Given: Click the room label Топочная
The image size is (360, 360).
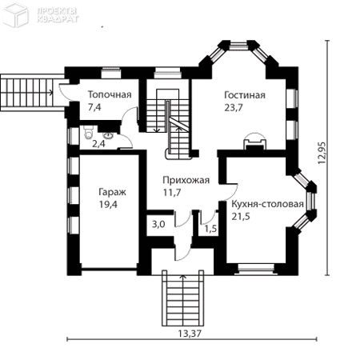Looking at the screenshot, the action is (110, 94).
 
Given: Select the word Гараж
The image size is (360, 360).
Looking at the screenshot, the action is (112, 192).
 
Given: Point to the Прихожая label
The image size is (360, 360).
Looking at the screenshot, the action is (186, 180).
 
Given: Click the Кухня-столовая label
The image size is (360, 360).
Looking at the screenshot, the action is (267, 204).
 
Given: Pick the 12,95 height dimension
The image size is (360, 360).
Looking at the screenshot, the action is (322, 153).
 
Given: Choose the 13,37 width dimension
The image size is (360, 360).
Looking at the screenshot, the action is (190, 334).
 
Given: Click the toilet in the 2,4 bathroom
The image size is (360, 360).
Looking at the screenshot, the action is (88, 133).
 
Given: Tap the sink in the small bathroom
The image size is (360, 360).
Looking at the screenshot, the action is (109, 135).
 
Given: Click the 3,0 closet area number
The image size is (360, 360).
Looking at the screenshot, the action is (158, 224).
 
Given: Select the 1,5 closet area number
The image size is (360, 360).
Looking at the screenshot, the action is (210, 229).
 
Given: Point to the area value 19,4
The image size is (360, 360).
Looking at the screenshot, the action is (108, 205).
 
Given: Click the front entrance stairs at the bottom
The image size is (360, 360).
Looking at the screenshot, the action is (183, 298).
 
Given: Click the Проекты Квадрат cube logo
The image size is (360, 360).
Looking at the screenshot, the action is (15, 14).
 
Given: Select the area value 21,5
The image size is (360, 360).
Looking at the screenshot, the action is (241, 216).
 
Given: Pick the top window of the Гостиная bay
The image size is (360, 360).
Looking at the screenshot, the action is (238, 46).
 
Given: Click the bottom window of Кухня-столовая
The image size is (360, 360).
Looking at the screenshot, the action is (256, 268).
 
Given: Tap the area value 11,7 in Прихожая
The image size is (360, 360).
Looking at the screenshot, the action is (172, 192).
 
